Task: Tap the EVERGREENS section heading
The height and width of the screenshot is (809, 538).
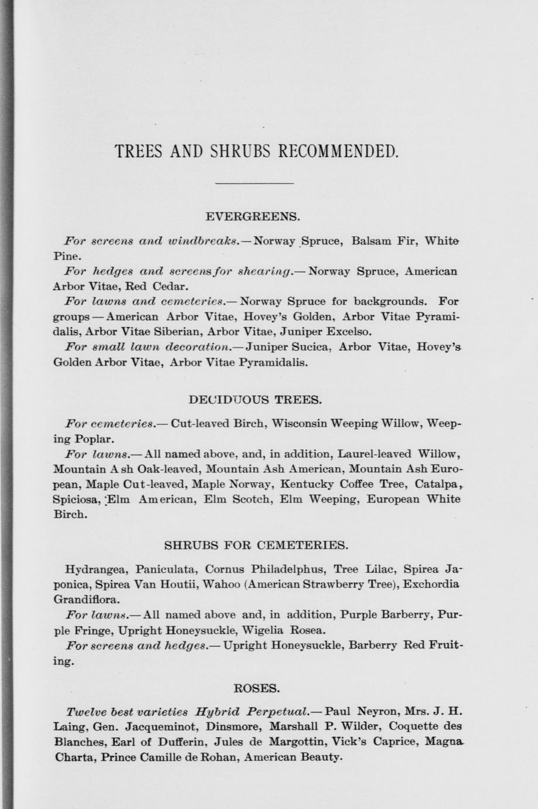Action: pos(253,217)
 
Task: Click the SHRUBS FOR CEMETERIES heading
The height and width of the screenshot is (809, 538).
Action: pos(256,545)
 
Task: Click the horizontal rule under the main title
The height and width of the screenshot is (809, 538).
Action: pos(254,183)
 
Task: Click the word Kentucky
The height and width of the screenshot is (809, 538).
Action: pos(307,485)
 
